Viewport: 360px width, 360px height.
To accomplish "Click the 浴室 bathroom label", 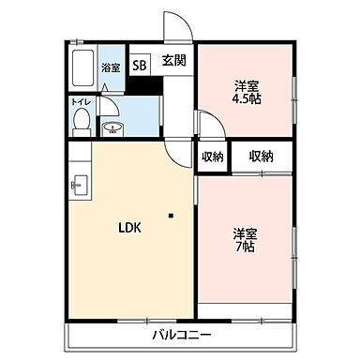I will (112, 67).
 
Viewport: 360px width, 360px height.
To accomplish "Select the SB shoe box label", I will (140, 66).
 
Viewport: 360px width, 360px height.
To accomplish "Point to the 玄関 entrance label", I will (173, 62).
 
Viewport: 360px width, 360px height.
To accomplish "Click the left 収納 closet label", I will (211, 156).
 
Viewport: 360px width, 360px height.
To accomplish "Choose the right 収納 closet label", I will (261, 156).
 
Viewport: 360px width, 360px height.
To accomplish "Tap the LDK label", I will (128, 227).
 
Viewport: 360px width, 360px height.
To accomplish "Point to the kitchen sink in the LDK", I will (77, 183).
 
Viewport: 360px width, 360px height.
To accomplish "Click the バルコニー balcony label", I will (180, 335).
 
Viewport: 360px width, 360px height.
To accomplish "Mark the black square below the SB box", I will (142, 87).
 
